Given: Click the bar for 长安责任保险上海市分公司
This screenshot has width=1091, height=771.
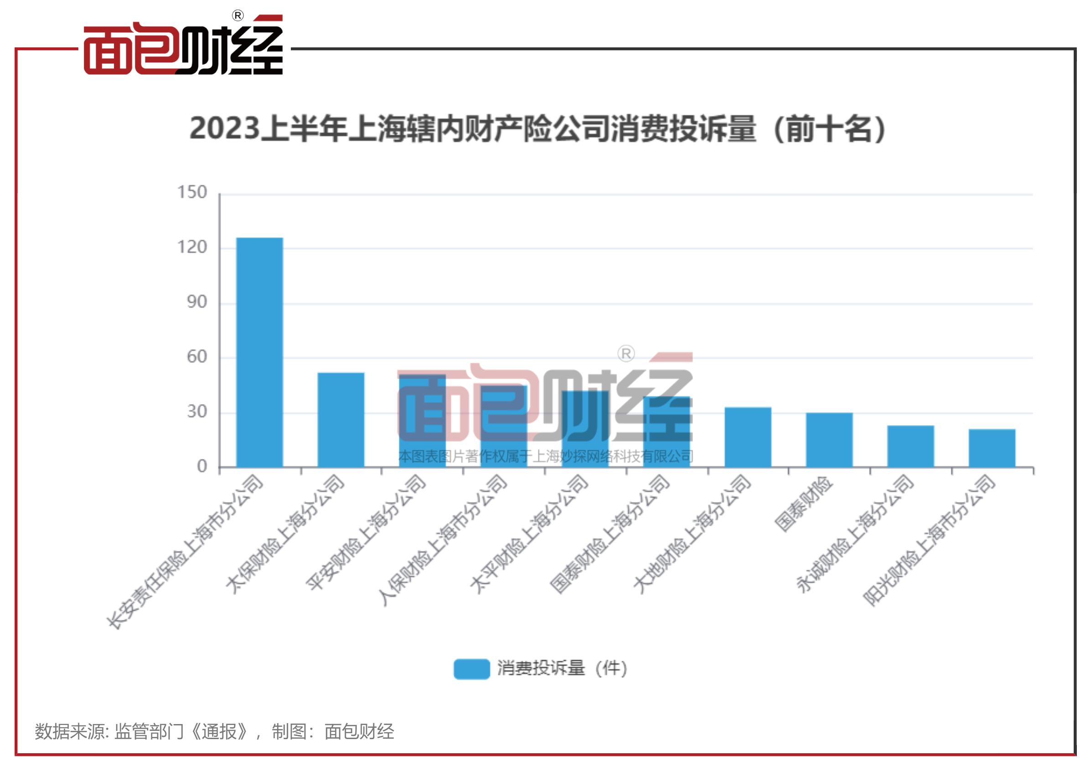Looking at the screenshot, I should click(259, 352).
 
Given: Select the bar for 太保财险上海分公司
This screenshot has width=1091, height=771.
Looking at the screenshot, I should click(341, 420).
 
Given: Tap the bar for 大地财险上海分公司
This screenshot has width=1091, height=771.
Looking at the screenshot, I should click(747, 437).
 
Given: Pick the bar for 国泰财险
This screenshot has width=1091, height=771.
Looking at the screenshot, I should click(829, 440).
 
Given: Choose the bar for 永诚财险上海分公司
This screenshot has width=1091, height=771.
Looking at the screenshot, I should click(910, 446).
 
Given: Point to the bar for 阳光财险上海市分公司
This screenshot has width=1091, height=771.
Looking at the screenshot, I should click(992, 448).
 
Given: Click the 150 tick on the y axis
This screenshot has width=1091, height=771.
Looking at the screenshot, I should click(192, 192).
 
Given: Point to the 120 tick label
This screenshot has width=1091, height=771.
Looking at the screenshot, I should click(192, 247).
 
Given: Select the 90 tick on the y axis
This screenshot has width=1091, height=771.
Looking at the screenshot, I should click(196, 302).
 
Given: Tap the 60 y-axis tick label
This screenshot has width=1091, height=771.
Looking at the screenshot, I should click(196, 357).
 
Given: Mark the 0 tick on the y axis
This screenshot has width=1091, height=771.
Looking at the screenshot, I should click(202, 467).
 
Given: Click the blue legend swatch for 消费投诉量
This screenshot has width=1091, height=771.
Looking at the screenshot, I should click(471, 669).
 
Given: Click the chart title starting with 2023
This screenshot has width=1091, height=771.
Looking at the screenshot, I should click(537, 129).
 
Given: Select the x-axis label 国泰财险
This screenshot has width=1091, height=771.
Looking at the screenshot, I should click(803, 504).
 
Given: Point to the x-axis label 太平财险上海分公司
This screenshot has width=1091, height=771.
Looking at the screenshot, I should click(528, 535).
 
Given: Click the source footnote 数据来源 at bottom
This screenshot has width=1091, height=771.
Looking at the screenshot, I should click(214, 731).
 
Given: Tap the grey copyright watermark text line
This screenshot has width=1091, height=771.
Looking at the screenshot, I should click(545, 457).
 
